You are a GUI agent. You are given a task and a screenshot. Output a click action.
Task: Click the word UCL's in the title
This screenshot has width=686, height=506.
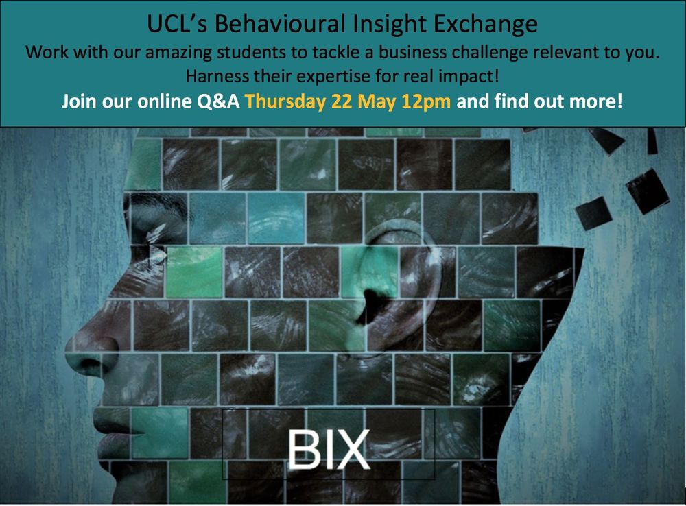click(x=177, y=23)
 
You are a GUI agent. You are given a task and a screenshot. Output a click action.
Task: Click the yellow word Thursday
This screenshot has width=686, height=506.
click(x=285, y=101)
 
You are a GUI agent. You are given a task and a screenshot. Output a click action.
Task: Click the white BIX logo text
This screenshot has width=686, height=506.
click(x=329, y=449)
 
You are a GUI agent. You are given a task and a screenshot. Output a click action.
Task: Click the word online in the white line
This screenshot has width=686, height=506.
click(x=165, y=101)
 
